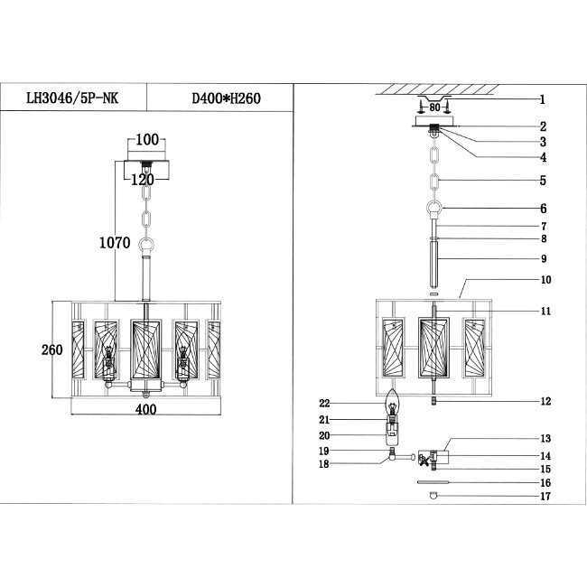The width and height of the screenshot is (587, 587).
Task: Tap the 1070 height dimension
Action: point(116,242)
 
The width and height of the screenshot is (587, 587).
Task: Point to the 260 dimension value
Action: point(51,349)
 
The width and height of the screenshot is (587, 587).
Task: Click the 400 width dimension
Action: point(145,409)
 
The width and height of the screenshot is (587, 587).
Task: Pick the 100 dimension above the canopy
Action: point(147,140)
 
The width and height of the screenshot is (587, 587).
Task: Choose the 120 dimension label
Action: point(144,179)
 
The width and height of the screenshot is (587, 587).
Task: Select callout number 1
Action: point(543,99)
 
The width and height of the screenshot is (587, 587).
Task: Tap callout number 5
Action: point(543,181)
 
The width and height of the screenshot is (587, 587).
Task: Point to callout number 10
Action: point(545,280)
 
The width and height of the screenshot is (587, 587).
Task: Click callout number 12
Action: point(545,401)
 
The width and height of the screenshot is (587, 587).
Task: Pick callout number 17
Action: point(545,496)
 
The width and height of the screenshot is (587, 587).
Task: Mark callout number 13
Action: point(545,438)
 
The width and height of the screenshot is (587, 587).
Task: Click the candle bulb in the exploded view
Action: point(393,407)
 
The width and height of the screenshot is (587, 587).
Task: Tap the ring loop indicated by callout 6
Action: point(434,210)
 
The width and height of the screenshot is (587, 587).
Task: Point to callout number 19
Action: point(323,450)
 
